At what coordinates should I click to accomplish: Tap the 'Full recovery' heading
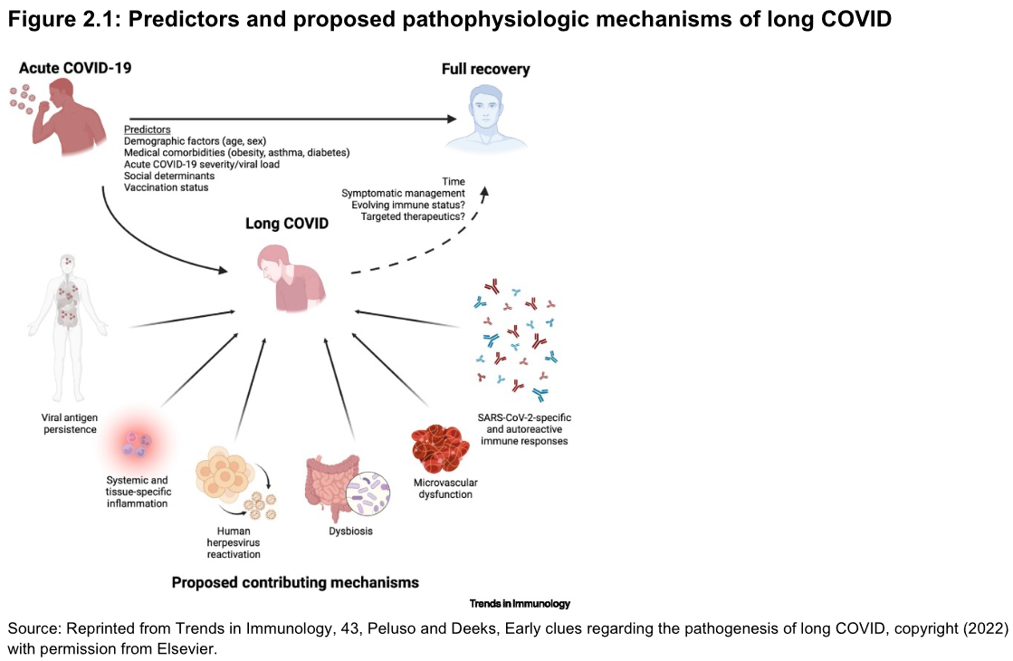pyautogui.click(x=485, y=69)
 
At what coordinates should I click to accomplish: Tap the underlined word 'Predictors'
pyautogui.click(x=148, y=129)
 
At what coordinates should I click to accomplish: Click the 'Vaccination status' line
pyautogui.click(x=166, y=187)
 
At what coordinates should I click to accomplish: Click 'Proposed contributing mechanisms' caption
pyautogui.click(x=295, y=582)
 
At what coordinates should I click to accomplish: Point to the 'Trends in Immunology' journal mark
pyautogui.click(x=520, y=603)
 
